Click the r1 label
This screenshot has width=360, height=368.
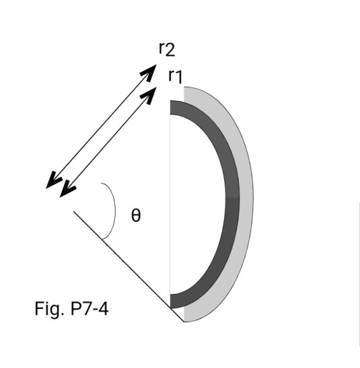[x=175, y=75]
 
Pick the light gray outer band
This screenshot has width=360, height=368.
[x=247, y=202]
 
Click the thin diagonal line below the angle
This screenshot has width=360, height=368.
[x=128, y=266]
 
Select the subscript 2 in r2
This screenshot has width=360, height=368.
[x=170, y=50]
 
